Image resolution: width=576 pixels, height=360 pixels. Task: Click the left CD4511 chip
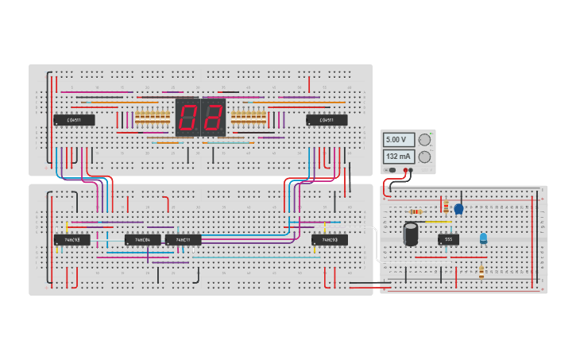coord(74,120)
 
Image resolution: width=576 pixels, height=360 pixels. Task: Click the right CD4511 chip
coord(327,120)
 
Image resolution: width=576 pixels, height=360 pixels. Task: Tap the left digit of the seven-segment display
coord(187,118)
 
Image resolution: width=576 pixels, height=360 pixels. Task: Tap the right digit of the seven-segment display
coord(214,118)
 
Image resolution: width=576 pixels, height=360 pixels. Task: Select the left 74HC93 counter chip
coord(72,239)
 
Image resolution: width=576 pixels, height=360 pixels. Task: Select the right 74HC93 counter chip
coord(329,239)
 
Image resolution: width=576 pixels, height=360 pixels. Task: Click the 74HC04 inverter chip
coord(142,239)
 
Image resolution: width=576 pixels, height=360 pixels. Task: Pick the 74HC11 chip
coord(183,239)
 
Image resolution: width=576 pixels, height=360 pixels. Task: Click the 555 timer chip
coord(448,238)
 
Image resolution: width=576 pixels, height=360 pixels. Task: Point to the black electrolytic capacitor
coord(411,234)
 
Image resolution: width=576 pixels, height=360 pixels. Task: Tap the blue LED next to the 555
coord(483,238)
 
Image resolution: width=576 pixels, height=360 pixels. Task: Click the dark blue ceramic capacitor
coord(458,209)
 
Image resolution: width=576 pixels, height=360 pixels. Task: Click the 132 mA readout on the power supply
coord(396,157)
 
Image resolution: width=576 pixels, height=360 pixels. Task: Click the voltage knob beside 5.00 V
coord(424,140)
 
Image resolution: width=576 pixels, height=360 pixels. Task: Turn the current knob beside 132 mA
coord(424,157)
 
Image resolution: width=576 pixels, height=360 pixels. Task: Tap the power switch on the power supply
coord(391,170)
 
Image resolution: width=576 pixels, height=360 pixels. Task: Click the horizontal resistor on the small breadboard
coord(416,211)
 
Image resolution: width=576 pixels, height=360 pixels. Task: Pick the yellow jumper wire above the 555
coord(435,222)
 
